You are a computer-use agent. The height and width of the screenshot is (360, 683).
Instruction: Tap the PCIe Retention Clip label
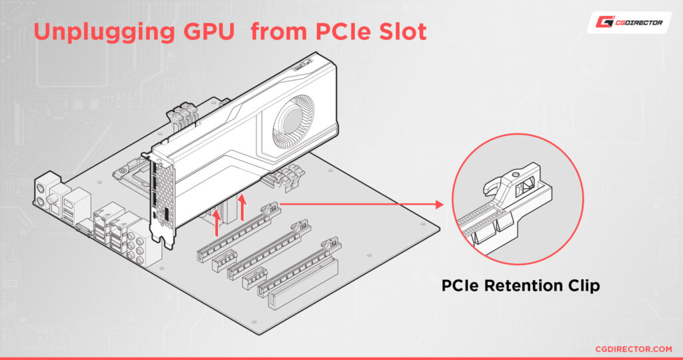520,286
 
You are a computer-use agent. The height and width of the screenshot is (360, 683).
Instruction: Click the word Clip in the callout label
583,286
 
